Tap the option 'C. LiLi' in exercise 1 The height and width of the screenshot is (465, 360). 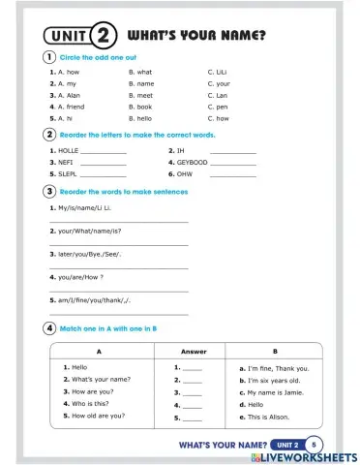point(224,72)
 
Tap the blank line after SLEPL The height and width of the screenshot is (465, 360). point(104,175)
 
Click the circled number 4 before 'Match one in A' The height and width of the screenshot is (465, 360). point(49,328)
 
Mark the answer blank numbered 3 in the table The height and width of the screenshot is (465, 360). point(188,393)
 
